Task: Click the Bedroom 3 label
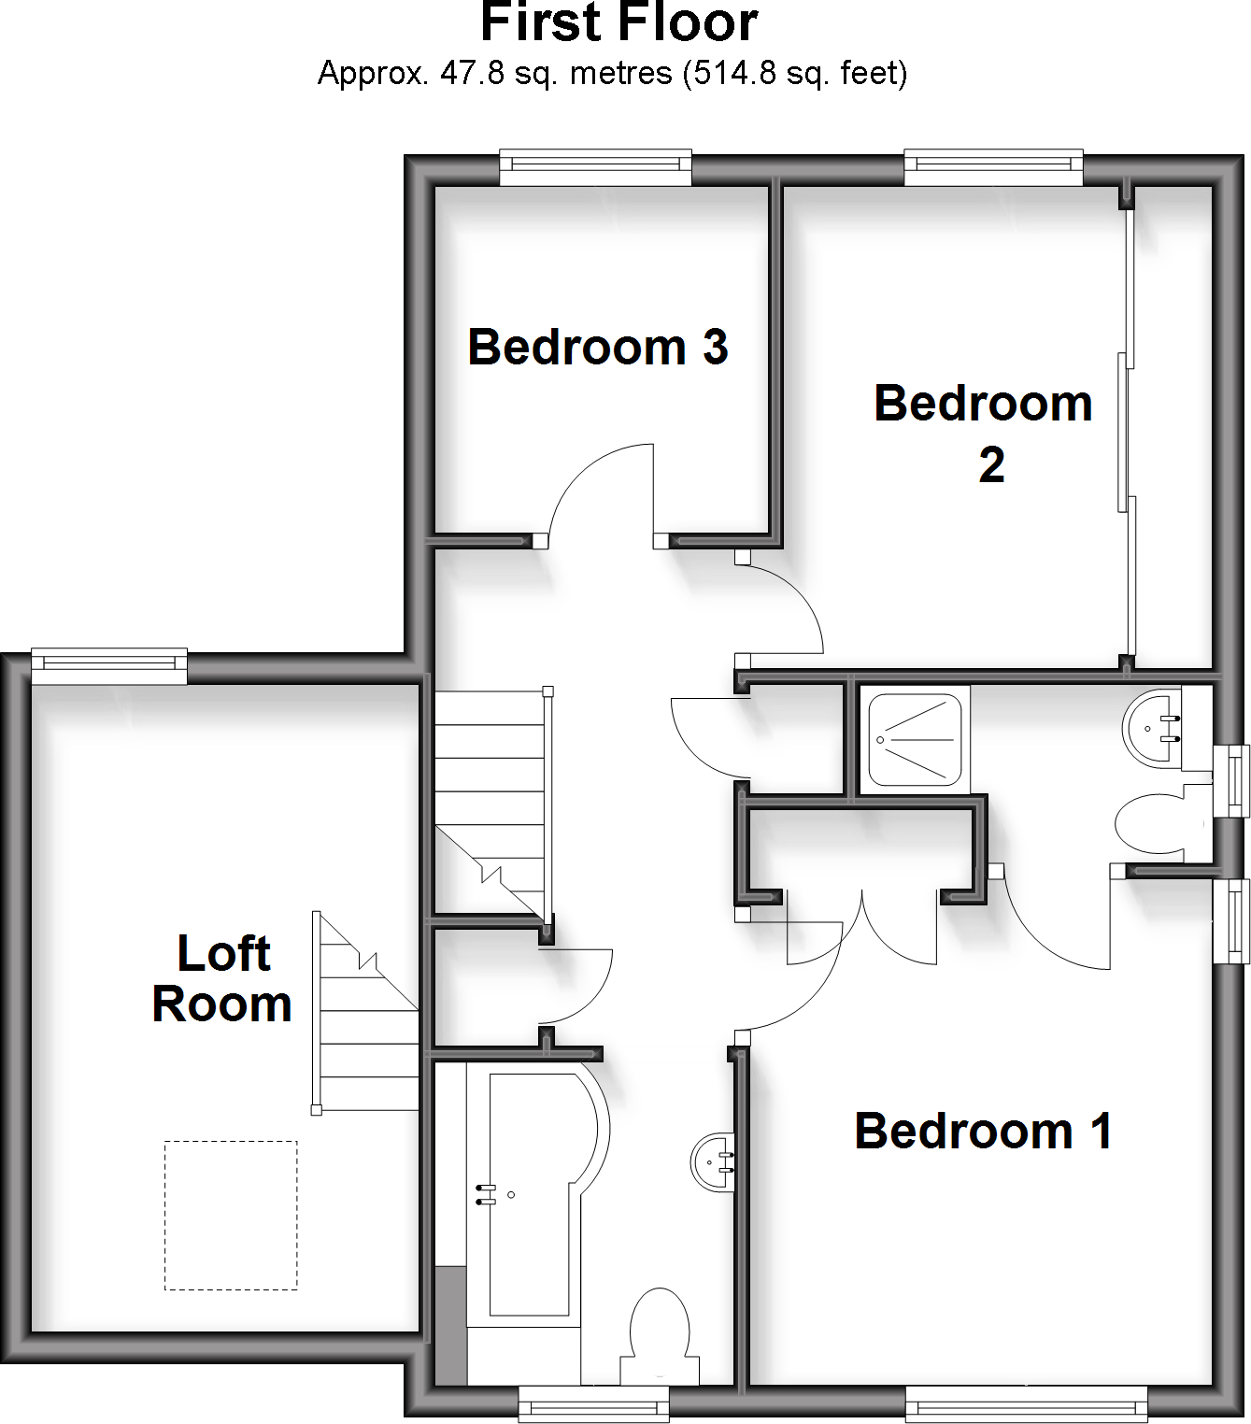pyautogui.click(x=598, y=348)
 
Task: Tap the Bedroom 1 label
pyautogui.click(x=983, y=1132)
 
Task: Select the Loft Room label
pyautogui.click(x=222, y=979)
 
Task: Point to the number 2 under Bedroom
pyautogui.click(x=991, y=464)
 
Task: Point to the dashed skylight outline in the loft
pyautogui.click(x=231, y=1215)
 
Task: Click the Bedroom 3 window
pyautogui.click(x=595, y=167)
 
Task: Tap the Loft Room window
pyautogui.click(x=109, y=664)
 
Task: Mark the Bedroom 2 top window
pyautogui.click(x=992, y=167)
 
